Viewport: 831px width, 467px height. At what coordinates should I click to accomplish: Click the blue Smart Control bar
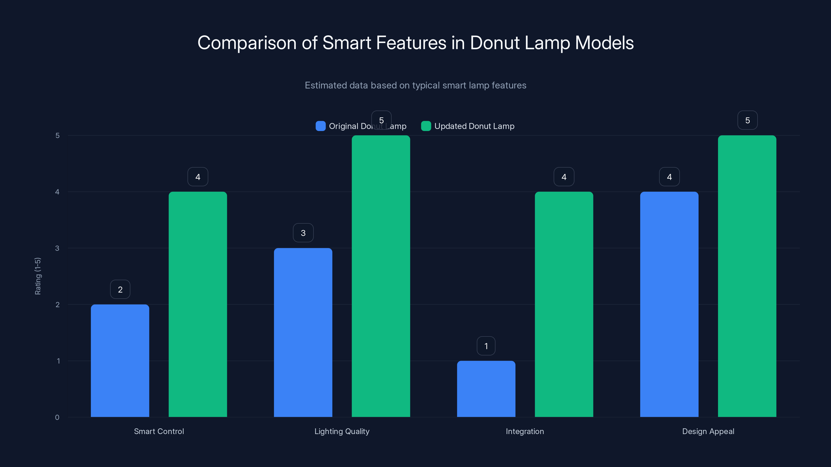click(120, 361)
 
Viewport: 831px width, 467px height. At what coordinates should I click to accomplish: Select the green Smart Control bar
click(198, 304)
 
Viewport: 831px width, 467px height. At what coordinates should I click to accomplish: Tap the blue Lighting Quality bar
click(303, 332)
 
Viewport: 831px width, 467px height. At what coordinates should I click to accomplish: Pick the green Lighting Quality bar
click(381, 276)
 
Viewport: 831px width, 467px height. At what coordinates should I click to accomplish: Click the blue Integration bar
click(486, 389)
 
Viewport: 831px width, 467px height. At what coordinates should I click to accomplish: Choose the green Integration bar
click(564, 304)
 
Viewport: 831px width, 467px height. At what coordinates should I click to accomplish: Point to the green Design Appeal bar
click(747, 276)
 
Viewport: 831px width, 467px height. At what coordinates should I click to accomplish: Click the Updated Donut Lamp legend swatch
click(426, 126)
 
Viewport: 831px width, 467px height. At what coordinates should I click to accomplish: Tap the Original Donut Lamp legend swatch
click(320, 126)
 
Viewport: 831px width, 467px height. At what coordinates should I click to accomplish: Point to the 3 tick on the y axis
click(57, 248)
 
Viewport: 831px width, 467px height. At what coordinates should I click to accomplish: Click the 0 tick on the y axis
click(57, 417)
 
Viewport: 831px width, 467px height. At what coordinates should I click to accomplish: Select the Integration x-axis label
click(525, 431)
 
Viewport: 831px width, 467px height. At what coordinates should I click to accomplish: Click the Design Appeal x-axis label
click(708, 431)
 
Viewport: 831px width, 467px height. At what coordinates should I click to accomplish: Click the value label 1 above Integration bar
click(486, 346)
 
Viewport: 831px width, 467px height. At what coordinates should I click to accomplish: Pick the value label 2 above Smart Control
click(120, 290)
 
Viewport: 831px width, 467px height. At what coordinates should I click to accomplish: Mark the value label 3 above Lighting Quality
click(303, 233)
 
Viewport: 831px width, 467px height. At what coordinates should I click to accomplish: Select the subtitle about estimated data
click(415, 85)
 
